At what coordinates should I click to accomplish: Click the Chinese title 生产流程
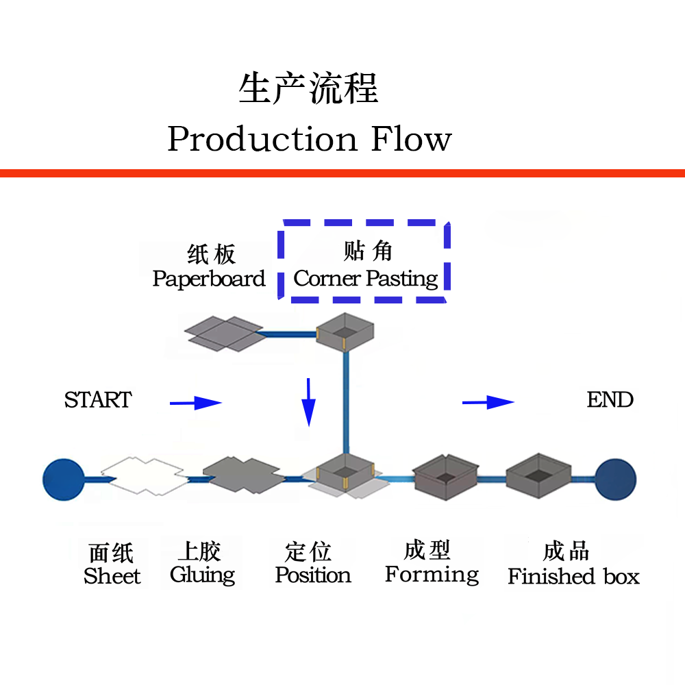308,89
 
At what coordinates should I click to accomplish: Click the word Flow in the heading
411,139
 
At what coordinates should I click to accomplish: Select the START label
97,400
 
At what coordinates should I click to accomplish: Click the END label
610,400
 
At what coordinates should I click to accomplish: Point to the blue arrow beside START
196,403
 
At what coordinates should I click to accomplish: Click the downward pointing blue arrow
309,402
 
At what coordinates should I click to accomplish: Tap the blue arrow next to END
488,403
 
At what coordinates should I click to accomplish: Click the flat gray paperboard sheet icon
223,334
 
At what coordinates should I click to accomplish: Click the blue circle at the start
63,478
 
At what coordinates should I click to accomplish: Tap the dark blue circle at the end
615,478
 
